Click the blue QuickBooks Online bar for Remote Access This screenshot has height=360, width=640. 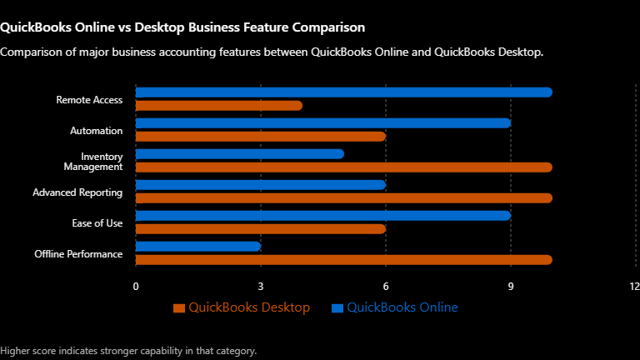pyautogui.click(x=344, y=92)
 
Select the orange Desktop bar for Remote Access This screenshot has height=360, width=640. pyautogui.click(x=219, y=106)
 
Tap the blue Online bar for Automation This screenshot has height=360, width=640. pyautogui.click(x=323, y=123)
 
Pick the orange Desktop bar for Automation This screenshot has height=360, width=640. pyautogui.click(x=261, y=137)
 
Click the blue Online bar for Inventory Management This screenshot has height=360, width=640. pyautogui.click(x=240, y=154)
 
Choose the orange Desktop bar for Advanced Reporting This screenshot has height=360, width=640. pyautogui.click(x=344, y=198)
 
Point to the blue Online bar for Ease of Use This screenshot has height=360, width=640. pyautogui.click(x=323, y=216)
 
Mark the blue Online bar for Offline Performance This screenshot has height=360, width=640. pyautogui.click(x=198, y=247)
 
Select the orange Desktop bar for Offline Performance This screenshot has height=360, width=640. pyautogui.click(x=344, y=260)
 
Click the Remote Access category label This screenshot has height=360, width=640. pyautogui.click(x=89, y=100)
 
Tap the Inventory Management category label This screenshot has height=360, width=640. pyautogui.click(x=93, y=162)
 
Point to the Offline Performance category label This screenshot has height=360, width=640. pyautogui.click(x=78, y=254)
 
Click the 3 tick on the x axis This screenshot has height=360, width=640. pyautogui.click(x=261, y=287)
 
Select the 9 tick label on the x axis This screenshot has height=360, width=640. pyautogui.click(x=511, y=287)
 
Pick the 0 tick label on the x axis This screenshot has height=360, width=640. pyautogui.click(x=136, y=287)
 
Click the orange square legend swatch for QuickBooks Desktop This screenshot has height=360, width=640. pyautogui.click(x=179, y=308)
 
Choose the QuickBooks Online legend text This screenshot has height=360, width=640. pyautogui.click(x=402, y=307)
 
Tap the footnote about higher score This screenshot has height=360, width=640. pyautogui.click(x=128, y=351)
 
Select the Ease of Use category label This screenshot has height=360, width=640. pyautogui.click(x=97, y=223)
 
